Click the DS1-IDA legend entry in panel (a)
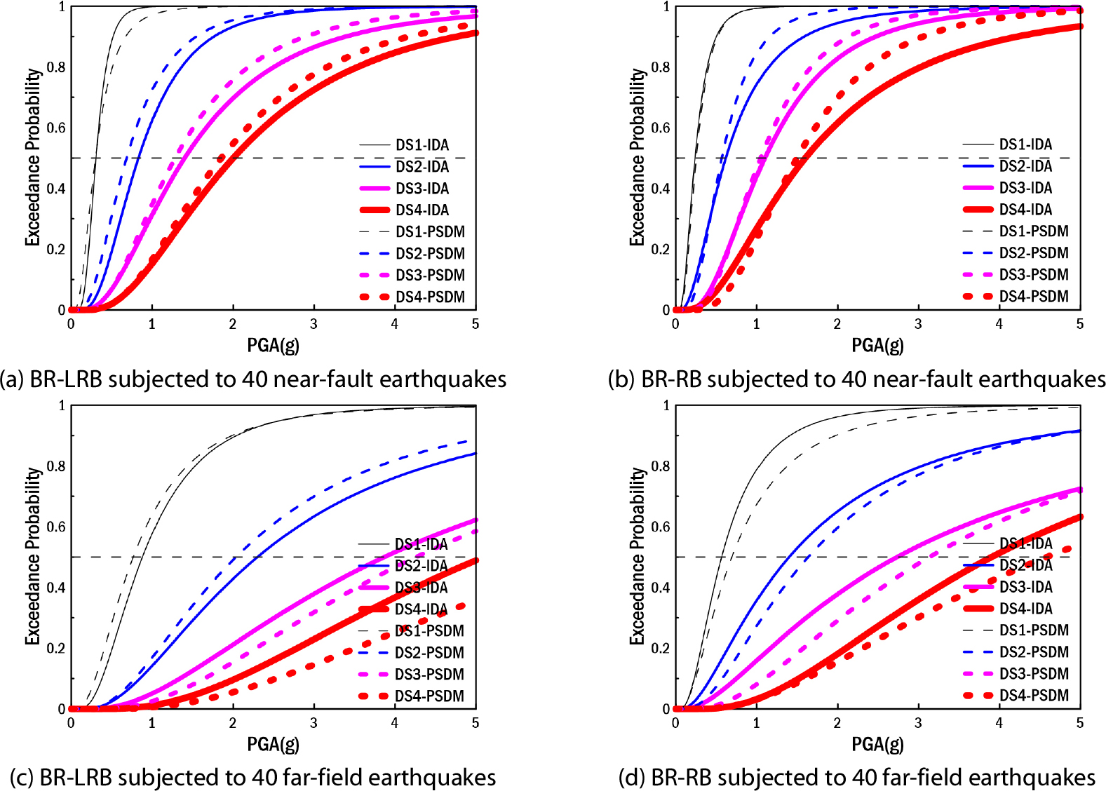click(x=422, y=145)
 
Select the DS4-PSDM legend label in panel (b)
click(x=1033, y=297)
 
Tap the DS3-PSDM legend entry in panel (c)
click(x=429, y=675)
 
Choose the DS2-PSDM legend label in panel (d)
click(x=1033, y=652)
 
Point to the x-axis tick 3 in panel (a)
click(x=313, y=324)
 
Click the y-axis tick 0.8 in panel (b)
click(x=660, y=67)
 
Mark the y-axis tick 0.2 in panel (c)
click(x=56, y=648)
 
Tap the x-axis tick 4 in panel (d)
click(x=999, y=723)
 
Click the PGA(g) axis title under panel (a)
click(x=273, y=345)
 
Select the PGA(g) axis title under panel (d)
click(x=877, y=744)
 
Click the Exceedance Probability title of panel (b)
click(x=636, y=157)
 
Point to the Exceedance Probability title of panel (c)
click(x=32, y=556)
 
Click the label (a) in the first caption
click(x=13, y=379)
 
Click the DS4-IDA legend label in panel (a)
click(x=422, y=210)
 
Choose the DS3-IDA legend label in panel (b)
click(x=1025, y=188)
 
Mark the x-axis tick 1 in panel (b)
click(x=756, y=324)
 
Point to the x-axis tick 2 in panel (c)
click(x=233, y=723)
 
